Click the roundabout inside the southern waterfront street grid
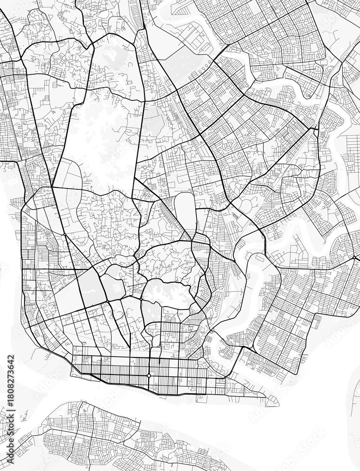pyautogui.click(x=149, y=375)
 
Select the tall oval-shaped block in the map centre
pyautogui.click(x=185, y=214)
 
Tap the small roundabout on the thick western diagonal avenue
pyautogui.click(x=64, y=234)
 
